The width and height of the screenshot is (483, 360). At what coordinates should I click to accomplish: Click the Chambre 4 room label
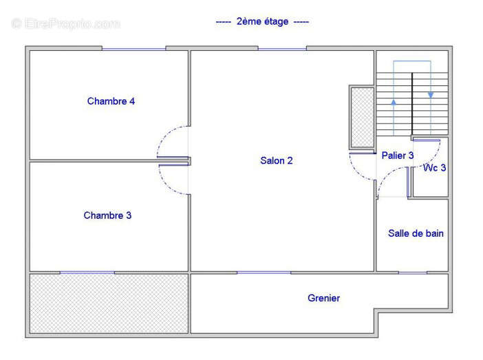111,101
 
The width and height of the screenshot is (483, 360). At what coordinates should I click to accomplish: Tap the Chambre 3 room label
107,215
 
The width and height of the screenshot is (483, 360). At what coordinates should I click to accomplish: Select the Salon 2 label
277,160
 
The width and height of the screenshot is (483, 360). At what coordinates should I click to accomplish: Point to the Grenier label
324,298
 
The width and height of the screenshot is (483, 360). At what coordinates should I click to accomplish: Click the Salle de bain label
416,233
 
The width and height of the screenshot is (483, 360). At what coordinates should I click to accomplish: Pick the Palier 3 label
398,156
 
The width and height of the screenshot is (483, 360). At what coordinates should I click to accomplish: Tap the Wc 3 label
434,168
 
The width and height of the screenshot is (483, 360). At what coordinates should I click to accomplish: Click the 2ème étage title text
262,21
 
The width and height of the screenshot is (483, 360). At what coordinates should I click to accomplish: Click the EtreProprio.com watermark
65,23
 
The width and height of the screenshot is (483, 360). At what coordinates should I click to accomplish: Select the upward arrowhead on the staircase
394,103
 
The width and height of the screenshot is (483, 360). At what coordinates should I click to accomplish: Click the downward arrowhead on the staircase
431,95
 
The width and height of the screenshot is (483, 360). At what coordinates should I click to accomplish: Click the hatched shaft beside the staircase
363,118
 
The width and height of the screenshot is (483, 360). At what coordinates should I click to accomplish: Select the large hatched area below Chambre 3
109,304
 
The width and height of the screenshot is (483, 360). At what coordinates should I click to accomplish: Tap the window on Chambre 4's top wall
134,49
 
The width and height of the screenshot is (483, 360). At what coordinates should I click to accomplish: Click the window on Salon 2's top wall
282,49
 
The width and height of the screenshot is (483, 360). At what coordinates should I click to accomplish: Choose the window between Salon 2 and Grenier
264,273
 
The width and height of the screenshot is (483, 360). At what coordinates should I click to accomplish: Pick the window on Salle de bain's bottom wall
413,273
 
